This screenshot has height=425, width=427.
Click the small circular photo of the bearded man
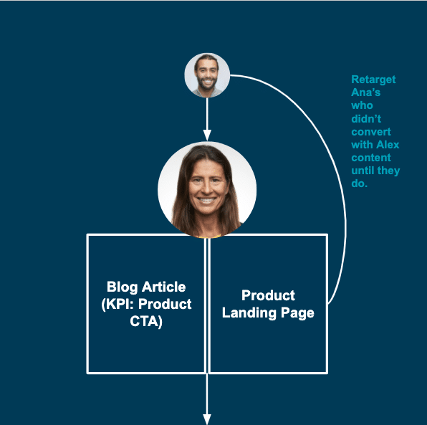(x=207, y=75)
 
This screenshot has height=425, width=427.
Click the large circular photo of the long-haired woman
(x=207, y=190)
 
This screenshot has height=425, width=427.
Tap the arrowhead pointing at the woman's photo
(x=207, y=135)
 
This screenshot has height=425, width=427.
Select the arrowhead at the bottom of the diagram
(x=207, y=419)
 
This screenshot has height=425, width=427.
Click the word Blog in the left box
(x=122, y=287)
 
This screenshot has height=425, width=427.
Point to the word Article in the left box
(x=164, y=287)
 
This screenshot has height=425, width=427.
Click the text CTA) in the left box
(x=146, y=321)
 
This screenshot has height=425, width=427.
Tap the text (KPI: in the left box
(x=117, y=305)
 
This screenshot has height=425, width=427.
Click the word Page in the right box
(x=297, y=313)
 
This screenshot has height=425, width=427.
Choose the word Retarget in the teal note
(x=373, y=80)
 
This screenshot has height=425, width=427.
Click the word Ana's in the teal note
(x=365, y=92)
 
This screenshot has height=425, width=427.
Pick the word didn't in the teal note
(x=366, y=118)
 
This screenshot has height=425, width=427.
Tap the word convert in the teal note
(x=371, y=132)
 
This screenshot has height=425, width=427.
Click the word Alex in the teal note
(x=388, y=145)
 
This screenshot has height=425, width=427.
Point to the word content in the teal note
(x=371, y=158)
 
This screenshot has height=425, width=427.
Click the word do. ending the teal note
(x=359, y=183)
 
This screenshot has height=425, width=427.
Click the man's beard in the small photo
(x=207, y=84)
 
